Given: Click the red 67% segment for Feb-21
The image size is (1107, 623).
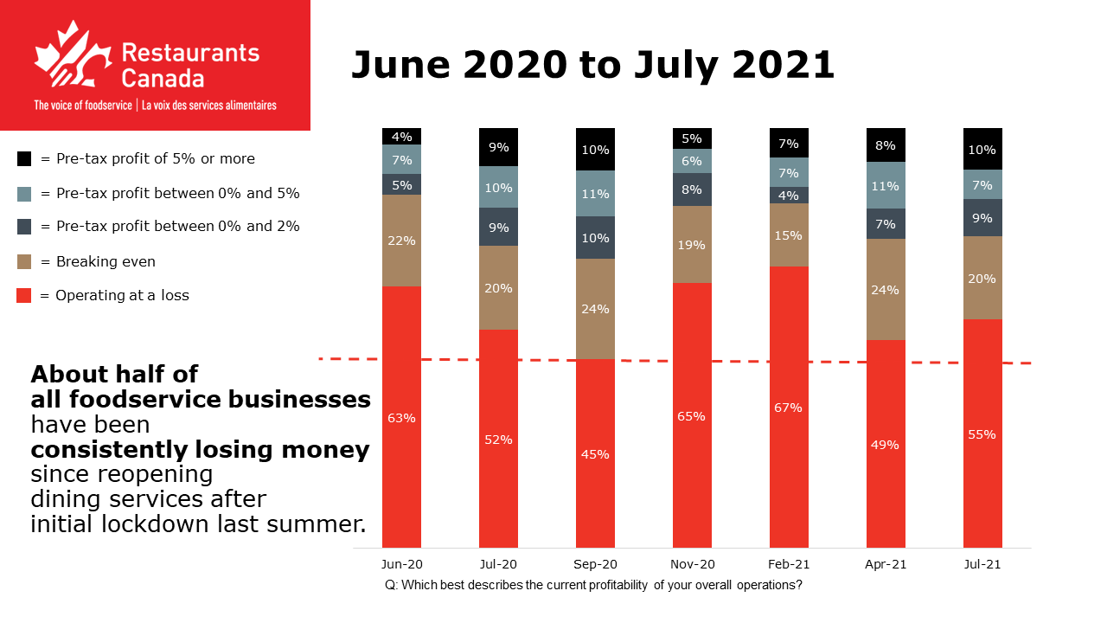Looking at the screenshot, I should pos(789,407).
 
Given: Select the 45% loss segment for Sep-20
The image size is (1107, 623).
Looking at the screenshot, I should pos(595,453).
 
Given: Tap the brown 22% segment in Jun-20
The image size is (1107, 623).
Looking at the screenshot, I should pos(401,241).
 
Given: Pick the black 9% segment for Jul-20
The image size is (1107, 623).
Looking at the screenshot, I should pos(498,147).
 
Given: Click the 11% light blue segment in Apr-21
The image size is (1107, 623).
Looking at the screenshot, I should pos(886,185).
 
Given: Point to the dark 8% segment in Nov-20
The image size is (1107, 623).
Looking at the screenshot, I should pos(692,189).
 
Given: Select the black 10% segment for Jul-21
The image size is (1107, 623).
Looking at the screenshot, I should pos(982,149).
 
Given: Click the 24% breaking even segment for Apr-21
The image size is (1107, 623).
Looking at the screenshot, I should pos(886,290).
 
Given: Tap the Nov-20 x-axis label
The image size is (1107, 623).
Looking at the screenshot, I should pos(692,563).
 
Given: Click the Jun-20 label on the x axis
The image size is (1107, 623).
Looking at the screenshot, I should pos(401,563).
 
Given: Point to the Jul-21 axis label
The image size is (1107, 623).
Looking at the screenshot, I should pos(982,563).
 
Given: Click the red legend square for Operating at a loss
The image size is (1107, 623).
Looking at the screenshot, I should pos(24,296).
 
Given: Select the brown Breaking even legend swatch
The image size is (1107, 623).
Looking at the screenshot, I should pos(24,261).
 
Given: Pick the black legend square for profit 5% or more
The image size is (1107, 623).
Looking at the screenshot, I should pos(24,159).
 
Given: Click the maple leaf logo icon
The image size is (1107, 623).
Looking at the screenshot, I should pos(71,57).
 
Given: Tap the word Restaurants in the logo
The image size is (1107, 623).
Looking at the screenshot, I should pos(189,52).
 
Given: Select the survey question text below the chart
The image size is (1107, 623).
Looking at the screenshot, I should pos(594,585).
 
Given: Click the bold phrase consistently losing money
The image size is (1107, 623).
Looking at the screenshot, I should pos(200,450).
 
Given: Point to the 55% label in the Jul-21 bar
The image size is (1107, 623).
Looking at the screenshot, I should pos(982,434).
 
